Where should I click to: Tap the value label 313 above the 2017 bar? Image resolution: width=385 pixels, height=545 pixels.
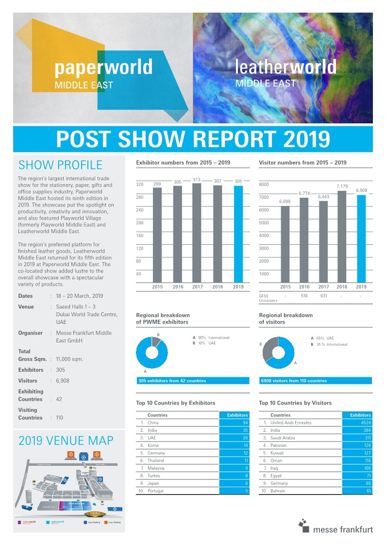[x=197, y=180]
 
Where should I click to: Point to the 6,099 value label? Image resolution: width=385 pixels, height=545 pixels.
[x=285, y=201]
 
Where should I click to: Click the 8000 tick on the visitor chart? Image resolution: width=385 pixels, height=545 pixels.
[x=263, y=185]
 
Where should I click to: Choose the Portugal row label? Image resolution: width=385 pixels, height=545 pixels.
[x=156, y=491]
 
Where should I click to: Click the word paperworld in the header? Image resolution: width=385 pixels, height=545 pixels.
[x=103, y=67]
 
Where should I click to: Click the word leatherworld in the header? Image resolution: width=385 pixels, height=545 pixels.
[x=285, y=67]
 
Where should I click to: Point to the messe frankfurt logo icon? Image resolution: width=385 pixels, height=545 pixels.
[x=304, y=524]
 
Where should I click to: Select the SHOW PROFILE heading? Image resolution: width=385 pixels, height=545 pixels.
[x=60, y=165]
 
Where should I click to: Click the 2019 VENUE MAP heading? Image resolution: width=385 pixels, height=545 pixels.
[x=66, y=441]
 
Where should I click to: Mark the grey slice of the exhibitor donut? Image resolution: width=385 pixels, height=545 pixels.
[x=156, y=341]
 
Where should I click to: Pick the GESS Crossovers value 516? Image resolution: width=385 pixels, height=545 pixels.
[x=304, y=296]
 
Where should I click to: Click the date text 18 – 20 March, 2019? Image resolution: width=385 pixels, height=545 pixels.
[x=80, y=296]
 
